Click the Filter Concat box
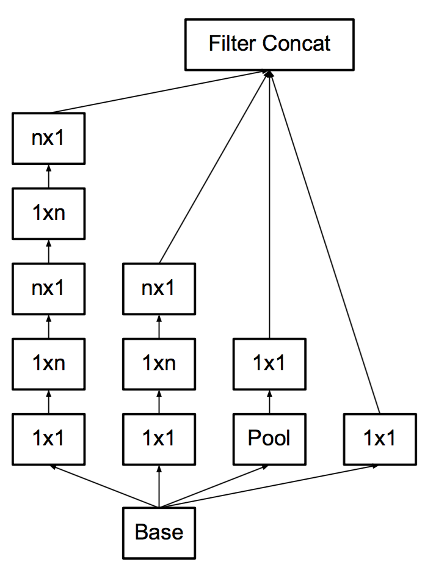pos(269,45)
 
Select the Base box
pos(159,533)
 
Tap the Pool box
pos(269,439)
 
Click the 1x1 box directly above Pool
pos(269,364)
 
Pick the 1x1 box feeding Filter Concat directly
pos(380,439)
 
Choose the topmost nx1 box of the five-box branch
pos(48,139)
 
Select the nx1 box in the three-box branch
pos(159,288)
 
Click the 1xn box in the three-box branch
pos(159,364)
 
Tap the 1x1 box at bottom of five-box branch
pos(48,439)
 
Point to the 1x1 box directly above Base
pos(159,439)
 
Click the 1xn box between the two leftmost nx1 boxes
pos(48,213)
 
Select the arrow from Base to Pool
pos(214,486)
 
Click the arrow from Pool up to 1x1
pos(269,402)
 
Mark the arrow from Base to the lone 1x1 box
pos(269,486)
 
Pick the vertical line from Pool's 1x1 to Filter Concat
pos(269,205)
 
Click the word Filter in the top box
pos(233,43)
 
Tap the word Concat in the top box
pos(296,43)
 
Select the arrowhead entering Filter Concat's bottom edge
pos(269,73)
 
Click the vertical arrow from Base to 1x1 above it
pos(159,486)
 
